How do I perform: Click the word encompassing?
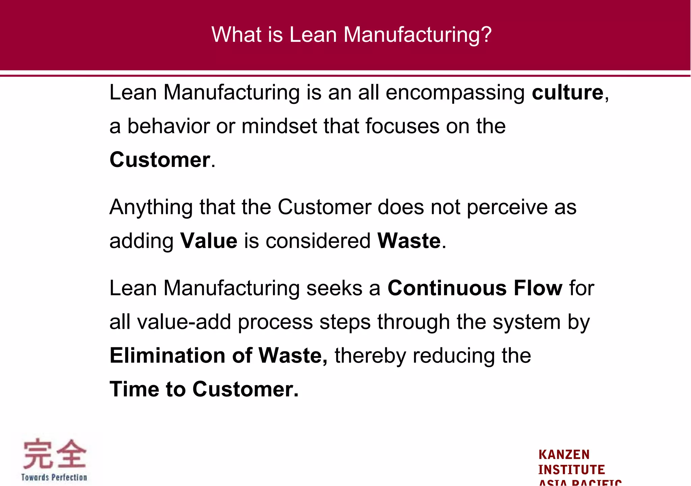(455, 93)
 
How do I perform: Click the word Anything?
(151, 207)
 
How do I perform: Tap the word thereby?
(370, 356)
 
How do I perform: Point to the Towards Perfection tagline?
(54, 477)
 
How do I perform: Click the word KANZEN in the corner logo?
(564, 455)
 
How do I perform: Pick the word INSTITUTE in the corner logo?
(571, 469)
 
